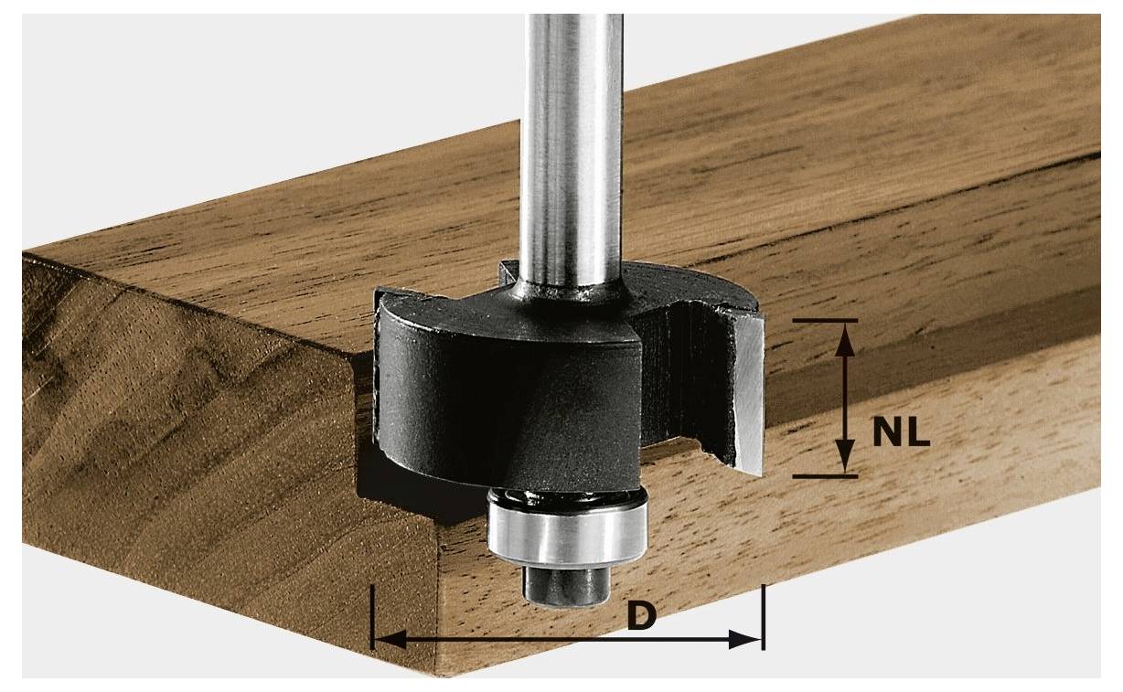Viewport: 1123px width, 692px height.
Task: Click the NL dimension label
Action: pos(900,431)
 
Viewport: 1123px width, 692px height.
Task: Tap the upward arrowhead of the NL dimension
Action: pos(846,337)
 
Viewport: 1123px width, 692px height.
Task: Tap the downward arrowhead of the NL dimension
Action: pos(846,457)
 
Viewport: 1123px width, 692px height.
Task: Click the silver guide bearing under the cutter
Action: pos(568,534)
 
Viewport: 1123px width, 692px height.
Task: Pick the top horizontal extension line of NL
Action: pos(825,320)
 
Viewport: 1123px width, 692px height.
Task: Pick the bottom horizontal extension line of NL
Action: pos(825,476)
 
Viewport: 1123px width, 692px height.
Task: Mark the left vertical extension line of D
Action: pos(372,617)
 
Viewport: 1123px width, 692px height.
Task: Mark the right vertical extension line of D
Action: pos(762,617)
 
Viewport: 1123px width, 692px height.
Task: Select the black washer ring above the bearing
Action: pos(567,497)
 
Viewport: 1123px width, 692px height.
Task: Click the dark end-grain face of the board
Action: pos(183,457)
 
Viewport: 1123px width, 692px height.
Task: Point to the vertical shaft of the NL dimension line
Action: pos(846,398)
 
